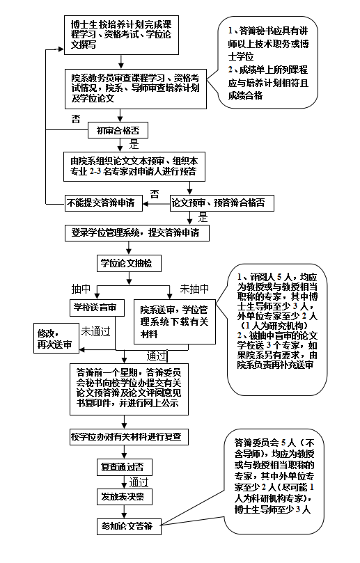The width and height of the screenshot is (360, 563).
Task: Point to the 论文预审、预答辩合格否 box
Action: pyautogui.click(x=222, y=203)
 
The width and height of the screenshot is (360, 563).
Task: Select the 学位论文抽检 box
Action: pyautogui.click(x=129, y=264)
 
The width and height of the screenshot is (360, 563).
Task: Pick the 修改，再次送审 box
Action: pyautogui.click(x=58, y=338)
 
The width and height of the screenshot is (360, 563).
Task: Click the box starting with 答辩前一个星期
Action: pyautogui.click(x=128, y=387)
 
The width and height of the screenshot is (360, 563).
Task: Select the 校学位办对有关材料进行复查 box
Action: pyautogui.click(x=128, y=437)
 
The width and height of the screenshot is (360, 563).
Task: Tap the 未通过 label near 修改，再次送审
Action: pyautogui.click(x=96, y=331)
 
